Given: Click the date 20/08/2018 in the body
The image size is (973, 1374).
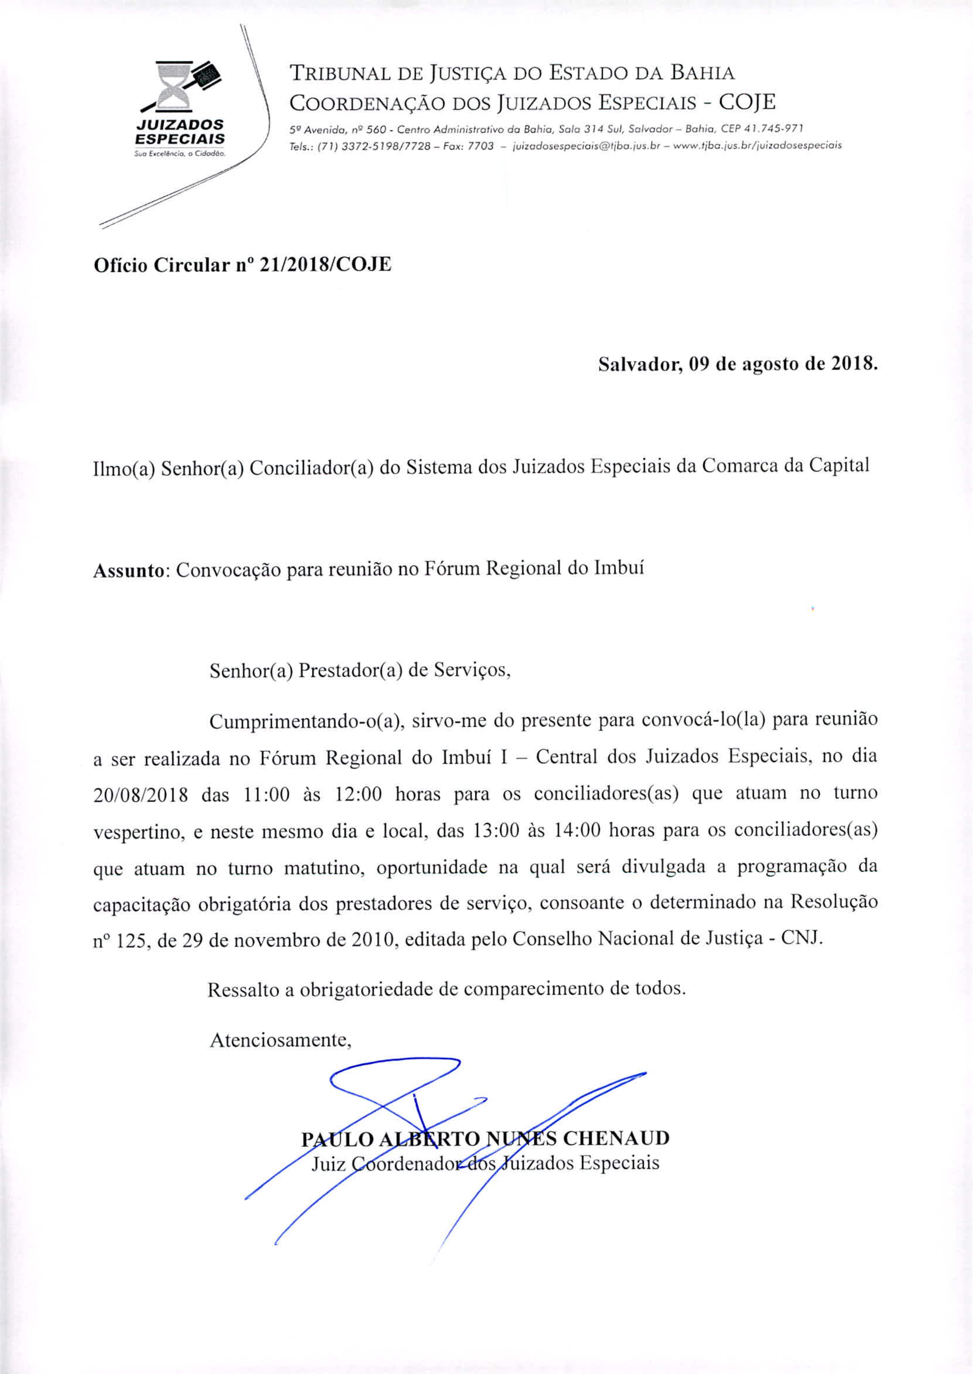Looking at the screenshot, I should point(141,795).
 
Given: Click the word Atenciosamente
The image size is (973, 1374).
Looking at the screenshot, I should point(280,1040).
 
